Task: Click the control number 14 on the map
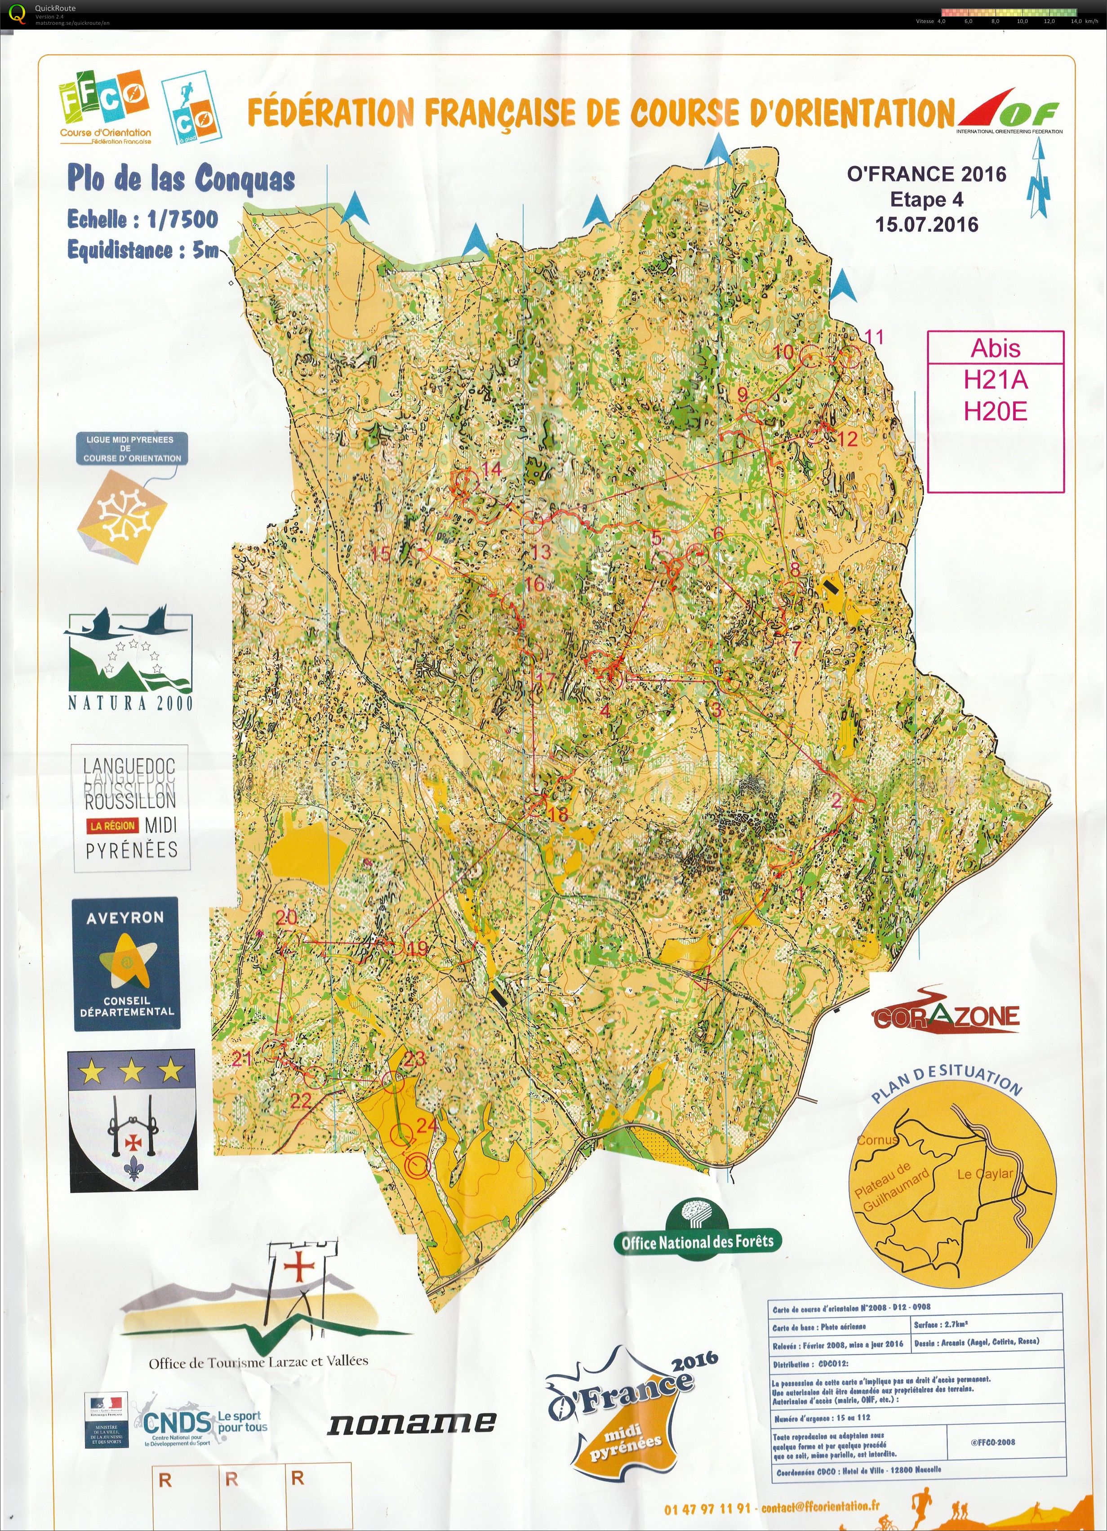pos(492,468)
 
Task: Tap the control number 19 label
pos(418,948)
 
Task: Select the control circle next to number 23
pos(393,1082)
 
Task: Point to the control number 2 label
pos(837,801)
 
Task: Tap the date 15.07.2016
pos(927,224)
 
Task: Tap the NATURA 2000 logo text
pos(129,703)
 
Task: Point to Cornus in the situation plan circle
pos(877,1139)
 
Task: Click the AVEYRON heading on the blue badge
pos(125,918)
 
